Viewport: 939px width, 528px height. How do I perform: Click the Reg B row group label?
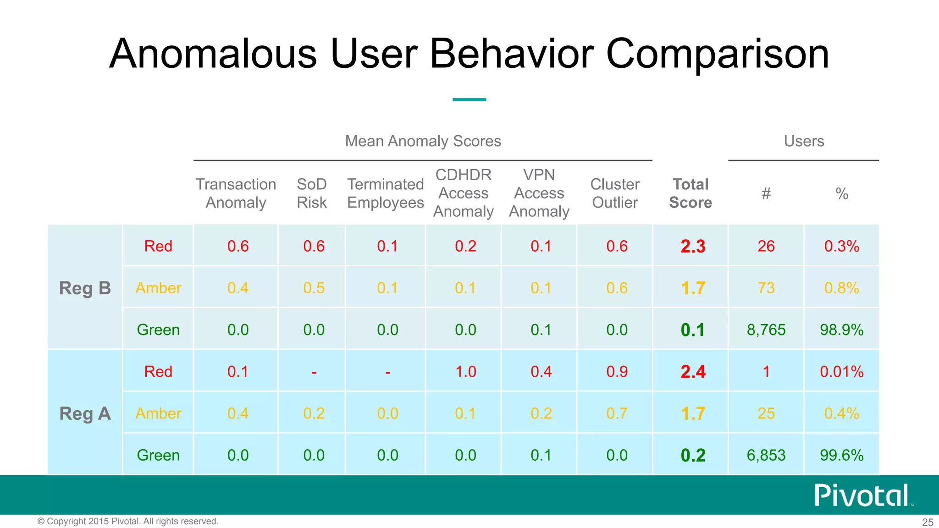85,288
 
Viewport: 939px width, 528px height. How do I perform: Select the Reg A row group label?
85,413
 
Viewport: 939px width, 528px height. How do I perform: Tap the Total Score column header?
690,193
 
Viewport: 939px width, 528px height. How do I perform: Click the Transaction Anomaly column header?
236,193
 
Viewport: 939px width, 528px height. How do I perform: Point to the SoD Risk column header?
312,193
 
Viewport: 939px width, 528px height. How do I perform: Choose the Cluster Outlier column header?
614,193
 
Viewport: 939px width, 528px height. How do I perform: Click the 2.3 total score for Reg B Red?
692,246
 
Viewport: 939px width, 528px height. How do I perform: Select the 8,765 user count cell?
766,330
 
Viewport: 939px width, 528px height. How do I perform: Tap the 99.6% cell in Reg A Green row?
841,455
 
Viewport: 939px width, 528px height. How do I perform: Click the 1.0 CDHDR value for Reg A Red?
465,371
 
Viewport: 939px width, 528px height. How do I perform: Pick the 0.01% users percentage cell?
841,371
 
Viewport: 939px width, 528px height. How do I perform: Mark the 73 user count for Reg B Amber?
766,288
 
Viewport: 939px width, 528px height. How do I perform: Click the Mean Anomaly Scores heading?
423,141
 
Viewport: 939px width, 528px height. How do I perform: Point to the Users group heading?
804,141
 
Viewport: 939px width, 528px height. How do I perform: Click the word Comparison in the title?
718,54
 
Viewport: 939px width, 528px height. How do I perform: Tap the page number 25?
927,522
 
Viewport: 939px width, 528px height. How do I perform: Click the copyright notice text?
128,521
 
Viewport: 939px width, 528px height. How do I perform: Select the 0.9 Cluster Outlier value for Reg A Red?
617,371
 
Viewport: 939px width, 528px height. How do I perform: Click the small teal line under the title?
469,99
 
